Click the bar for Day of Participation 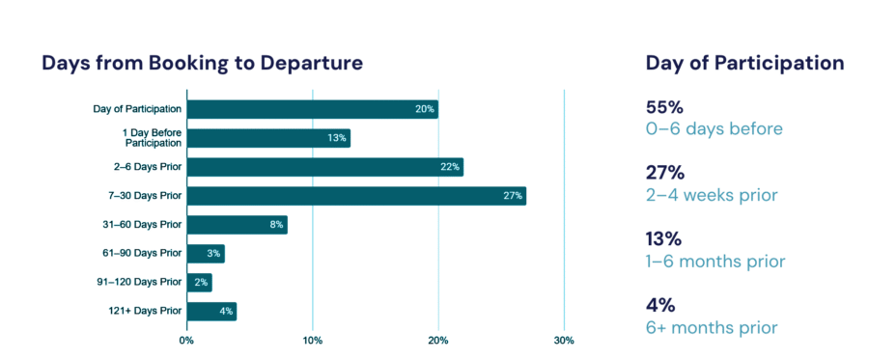point(312,109)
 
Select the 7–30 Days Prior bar point(355,196)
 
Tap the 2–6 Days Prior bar point(324,167)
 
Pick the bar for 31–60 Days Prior point(237,225)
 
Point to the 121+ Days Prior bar point(211,311)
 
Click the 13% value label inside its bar point(337,138)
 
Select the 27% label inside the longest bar point(513,196)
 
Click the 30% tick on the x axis point(564,340)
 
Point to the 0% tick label point(186,340)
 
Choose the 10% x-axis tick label point(312,340)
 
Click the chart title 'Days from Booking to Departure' point(202,64)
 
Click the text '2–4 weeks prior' point(712,195)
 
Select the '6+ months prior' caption point(712,327)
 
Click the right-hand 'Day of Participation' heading point(744,64)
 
